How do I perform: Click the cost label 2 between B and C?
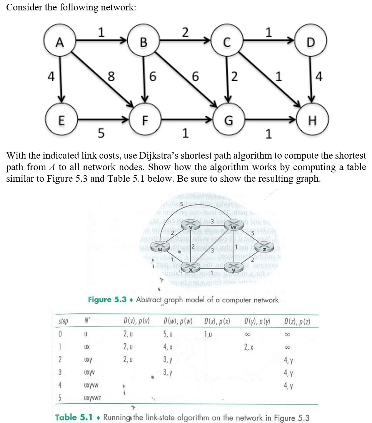(185, 33)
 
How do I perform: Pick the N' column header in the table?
(86, 321)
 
